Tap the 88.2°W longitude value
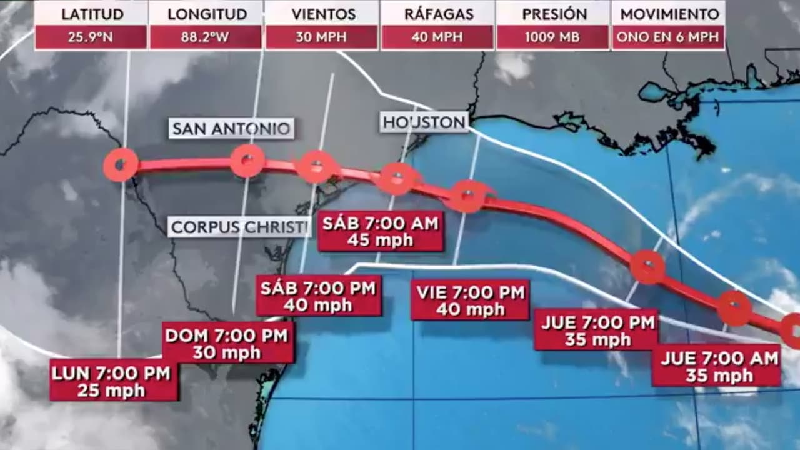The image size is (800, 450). click(206, 37)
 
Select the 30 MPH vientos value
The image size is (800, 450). click(321, 37)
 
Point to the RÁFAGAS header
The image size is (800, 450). click(437, 14)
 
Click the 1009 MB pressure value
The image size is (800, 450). click(552, 37)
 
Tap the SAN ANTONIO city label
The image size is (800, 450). click(231, 129)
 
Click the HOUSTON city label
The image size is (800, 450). click(424, 122)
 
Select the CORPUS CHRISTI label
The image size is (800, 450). click(239, 227)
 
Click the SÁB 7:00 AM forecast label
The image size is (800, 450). click(381, 231)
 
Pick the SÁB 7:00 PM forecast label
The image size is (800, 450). click(319, 297)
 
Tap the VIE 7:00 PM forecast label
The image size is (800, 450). click(470, 300)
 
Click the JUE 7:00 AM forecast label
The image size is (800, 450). click(716, 366)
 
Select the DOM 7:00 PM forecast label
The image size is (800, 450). click(227, 344)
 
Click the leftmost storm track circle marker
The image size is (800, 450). click(121, 166)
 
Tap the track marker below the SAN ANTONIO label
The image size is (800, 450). click(247, 161)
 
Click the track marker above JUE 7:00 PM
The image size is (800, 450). click(647, 267)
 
